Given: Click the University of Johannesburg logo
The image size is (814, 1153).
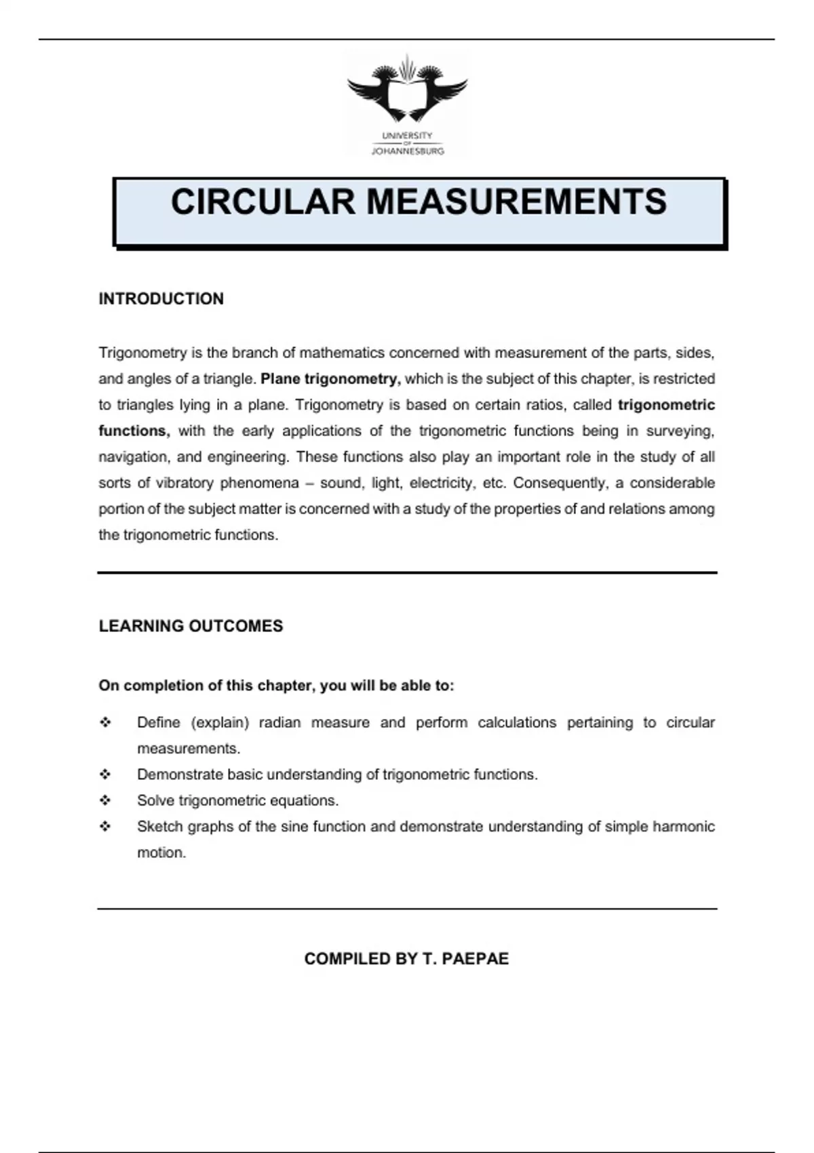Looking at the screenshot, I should (x=407, y=106).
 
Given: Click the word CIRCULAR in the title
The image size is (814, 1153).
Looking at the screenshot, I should (x=263, y=202).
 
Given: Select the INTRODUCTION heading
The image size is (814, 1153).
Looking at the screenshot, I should (x=161, y=299).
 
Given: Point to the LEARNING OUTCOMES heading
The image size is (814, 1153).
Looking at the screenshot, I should (x=191, y=626).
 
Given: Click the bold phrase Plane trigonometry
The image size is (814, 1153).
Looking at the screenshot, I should (x=330, y=379).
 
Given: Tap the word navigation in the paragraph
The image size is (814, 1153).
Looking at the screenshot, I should (x=133, y=457).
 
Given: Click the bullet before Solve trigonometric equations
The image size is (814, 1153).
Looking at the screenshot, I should (x=105, y=801).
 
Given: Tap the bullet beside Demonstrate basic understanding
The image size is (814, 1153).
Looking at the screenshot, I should (x=105, y=775).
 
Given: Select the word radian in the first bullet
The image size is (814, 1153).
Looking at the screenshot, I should (x=279, y=723).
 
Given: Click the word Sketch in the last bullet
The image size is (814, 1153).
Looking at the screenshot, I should (x=159, y=827).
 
